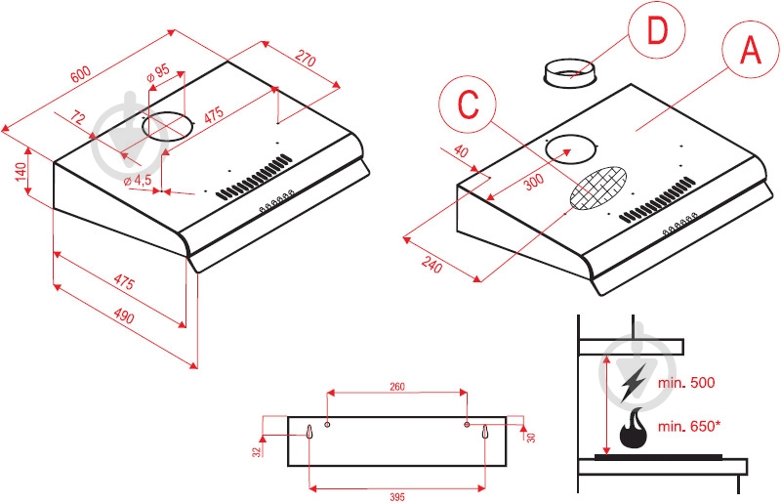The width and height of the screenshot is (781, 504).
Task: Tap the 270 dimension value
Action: click(x=306, y=60)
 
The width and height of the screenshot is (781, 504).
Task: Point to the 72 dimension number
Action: click(x=79, y=119)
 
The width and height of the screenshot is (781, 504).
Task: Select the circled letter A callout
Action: click(x=750, y=50)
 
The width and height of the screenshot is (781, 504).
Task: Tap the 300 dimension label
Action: click(x=532, y=183)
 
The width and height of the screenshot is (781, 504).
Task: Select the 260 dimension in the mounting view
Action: click(x=397, y=386)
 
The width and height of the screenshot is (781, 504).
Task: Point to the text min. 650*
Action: click(x=696, y=426)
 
